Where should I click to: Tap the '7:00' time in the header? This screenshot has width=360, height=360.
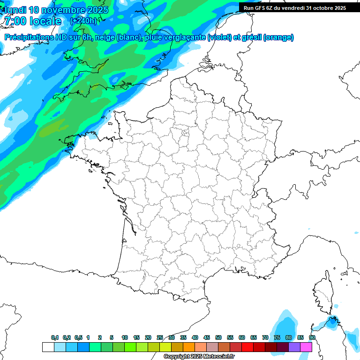[15, 21]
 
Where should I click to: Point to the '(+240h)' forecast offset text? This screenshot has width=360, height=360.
[83, 21]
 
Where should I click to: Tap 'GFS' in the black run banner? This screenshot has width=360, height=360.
[261, 8]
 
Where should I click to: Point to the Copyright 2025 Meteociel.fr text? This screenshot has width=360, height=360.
[199, 357]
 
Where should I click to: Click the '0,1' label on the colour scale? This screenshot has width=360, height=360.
[55, 337]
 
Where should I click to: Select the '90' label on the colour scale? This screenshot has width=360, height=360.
[312, 337]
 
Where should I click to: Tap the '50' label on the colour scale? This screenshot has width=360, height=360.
[218, 337]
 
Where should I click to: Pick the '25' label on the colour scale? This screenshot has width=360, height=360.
[160, 337]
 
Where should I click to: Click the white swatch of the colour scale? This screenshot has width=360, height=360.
[48, 347]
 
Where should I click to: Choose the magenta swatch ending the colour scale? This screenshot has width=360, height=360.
[306, 347]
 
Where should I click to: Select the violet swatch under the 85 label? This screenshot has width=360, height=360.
[294, 347]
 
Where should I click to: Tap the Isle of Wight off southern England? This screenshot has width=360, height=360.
[126, 85]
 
